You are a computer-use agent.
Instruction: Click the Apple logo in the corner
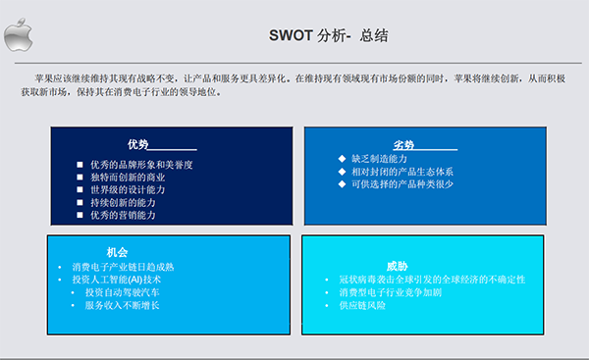click(x=17, y=38)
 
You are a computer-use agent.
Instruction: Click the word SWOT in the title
click(x=291, y=35)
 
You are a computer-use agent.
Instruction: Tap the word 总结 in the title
click(x=373, y=35)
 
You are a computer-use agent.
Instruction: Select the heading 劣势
click(x=404, y=144)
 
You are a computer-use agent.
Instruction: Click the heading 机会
click(x=118, y=251)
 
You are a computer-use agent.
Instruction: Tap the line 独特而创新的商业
click(x=128, y=177)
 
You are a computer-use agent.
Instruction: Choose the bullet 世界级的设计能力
click(x=128, y=189)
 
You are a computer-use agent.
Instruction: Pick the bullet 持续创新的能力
click(x=122, y=202)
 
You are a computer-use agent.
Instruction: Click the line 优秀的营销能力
click(x=122, y=215)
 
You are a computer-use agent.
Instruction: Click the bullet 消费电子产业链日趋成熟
click(x=123, y=267)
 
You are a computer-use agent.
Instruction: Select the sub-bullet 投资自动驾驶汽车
click(x=122, y=292)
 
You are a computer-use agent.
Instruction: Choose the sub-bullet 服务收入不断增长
click(x=122, y=305)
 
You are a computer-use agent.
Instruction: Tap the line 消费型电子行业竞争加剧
click(x=391, y=292)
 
